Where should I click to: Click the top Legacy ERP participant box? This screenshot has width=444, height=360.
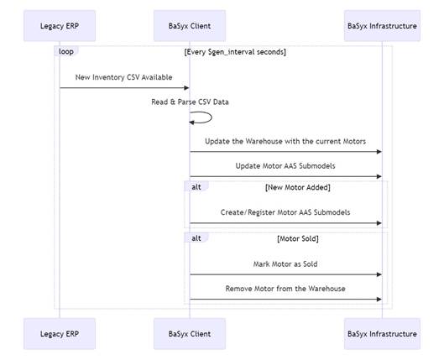[60, 26]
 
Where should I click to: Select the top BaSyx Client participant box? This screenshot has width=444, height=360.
[190, 26]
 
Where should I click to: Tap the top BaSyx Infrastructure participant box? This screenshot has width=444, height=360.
[382, 26]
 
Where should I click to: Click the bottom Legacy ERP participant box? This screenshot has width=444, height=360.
[60, 334]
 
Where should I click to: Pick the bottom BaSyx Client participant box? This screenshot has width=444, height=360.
[190, 334]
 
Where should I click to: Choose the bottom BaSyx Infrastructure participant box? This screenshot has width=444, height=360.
[382, 334]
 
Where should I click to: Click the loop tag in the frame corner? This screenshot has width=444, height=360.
[66, 51]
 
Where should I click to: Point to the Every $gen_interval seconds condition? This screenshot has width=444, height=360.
[235, 52]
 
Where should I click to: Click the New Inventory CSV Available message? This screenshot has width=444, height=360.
[123, 77]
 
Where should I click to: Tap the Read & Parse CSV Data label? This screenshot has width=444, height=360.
[190, 102]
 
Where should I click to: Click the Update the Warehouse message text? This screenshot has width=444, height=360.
[285, 141]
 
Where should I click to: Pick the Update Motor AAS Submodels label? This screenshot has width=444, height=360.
[285, 166]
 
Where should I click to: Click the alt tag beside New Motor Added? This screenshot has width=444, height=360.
[196, 187]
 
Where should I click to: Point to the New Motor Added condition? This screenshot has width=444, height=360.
[298, 187]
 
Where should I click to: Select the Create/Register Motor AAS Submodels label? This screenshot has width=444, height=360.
[285, 212]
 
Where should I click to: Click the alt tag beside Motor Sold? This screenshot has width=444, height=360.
[196, 238]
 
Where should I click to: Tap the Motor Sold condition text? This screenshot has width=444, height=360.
[298, 238]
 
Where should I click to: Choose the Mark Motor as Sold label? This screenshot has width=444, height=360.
[285, 264]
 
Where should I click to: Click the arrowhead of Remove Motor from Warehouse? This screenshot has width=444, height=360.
[379, 299]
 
